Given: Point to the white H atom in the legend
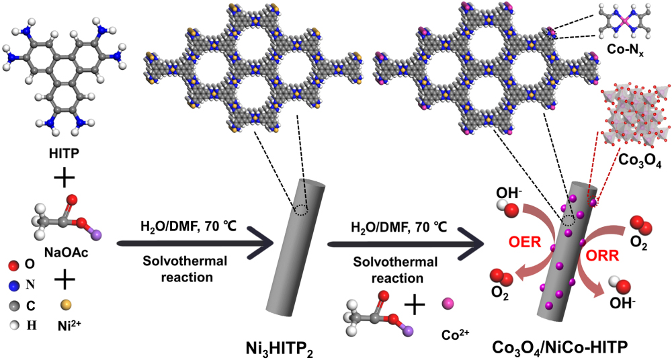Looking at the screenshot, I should point(11,325).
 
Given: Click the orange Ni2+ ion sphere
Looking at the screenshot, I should point(65,304).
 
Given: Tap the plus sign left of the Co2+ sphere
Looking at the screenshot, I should point(413,306).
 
